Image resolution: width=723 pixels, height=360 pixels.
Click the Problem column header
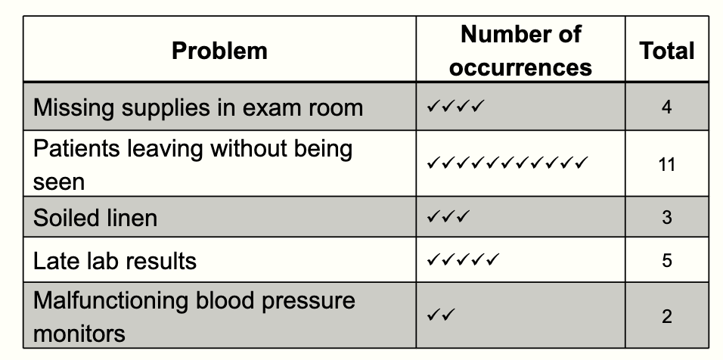219,51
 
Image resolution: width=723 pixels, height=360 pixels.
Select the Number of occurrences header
520,50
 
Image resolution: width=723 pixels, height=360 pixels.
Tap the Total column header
666,51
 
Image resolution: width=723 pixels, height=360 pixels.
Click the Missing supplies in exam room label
198,107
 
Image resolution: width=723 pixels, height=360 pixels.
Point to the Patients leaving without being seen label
193,165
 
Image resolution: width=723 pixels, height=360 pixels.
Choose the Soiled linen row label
95,218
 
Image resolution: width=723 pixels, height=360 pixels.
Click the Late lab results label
115,261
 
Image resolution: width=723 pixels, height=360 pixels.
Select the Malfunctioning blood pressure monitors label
194,316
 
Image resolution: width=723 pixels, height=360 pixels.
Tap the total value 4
666,107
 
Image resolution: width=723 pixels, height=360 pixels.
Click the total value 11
666,165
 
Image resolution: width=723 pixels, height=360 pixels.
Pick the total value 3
666,218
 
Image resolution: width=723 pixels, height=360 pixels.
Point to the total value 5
666,261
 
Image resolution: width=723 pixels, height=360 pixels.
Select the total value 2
666,316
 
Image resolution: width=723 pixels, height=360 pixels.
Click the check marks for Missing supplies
455,107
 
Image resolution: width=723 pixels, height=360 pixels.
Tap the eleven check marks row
507,163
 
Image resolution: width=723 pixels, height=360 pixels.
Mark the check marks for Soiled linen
448,218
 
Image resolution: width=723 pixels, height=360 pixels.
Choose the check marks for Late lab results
462,260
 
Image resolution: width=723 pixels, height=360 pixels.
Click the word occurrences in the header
520,67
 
